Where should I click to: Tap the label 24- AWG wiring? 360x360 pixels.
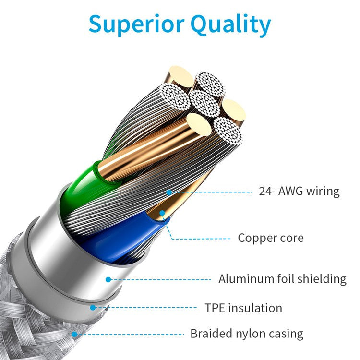(x=299, y=192)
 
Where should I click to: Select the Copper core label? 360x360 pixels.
(x=271, y=238)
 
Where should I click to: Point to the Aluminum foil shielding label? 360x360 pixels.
(x=282, y=278)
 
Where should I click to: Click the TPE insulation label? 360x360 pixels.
(x=243, y=308)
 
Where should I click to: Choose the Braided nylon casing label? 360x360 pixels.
(x=247, y=334)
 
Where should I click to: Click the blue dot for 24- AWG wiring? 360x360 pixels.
(x=169, y=192)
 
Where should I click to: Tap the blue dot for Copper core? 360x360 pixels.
(x=162, y=212)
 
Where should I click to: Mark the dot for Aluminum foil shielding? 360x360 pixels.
(x=108, y=279)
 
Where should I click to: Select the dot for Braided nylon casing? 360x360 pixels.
(x=74, y=334)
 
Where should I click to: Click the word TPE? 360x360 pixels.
(x=215, y=308)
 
